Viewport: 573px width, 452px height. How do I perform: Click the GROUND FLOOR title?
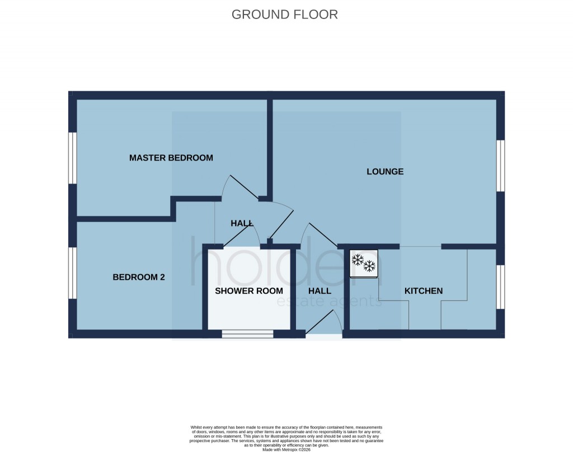pyautogui.click(x=285, y=15)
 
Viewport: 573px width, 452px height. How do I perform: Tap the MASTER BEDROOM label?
pyautogui.click(x=171, y=158)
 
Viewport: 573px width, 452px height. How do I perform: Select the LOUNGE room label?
pyautogui.click(x=385, y=172)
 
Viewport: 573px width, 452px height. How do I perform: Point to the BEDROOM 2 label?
pyautogui.click(x=139, y=277)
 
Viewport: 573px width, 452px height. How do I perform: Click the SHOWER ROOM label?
pyautogui.click(x=249, y=291)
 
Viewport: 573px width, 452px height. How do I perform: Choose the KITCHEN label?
pyautogui.click(x=424, y=291)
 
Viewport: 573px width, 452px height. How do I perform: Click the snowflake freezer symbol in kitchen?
pyautogui.click(x=364, y=263)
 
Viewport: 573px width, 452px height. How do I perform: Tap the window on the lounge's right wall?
pyautogui.click(x=501, y=166)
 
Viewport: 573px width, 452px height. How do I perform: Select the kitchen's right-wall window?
pyautogui.click(x=501, y=286)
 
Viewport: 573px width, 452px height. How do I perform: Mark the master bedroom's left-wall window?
pyautogui.click(x=72, y=158)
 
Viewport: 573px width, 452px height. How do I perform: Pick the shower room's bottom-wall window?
pyautogui.click(x=247, y=334)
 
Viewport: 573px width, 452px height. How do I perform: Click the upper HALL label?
pyautogui.click(x=242, y=223)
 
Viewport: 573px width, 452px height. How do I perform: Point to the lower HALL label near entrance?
pyautogui.click(x=320, y=291)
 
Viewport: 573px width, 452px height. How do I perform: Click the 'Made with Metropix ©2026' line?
pyautogui.click(x=286, y=449)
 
